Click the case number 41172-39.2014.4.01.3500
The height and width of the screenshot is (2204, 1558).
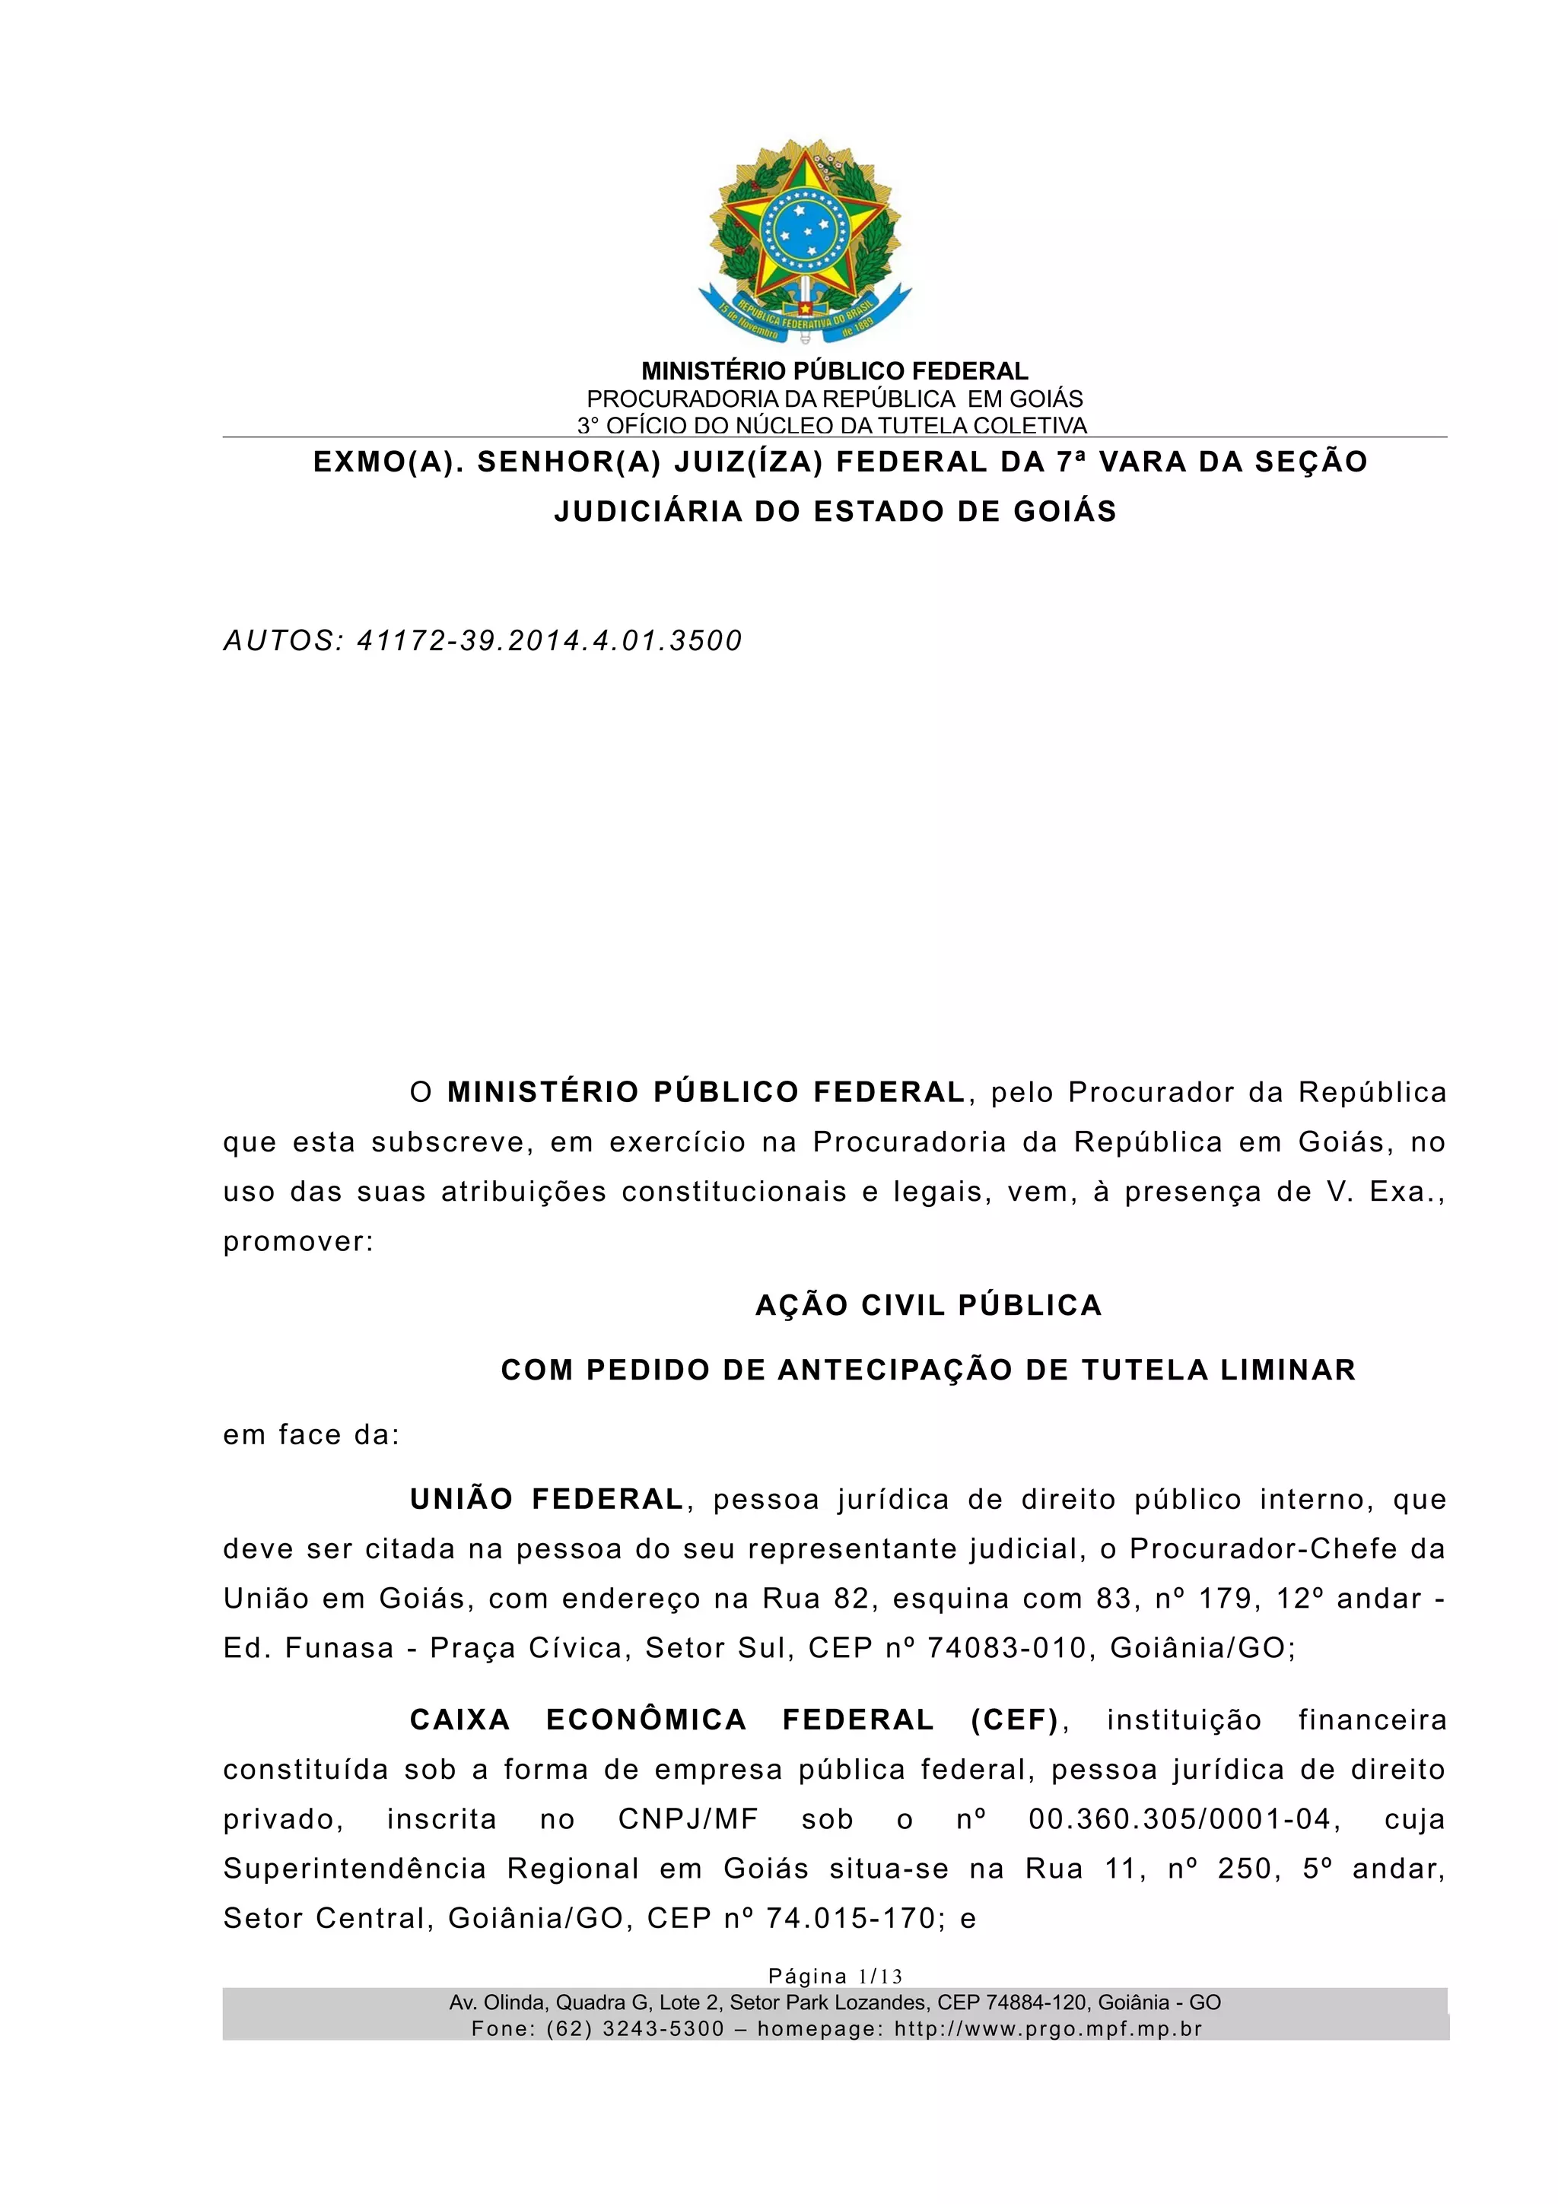[549, 641]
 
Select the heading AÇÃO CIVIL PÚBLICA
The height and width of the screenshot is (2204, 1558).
[928, 1306]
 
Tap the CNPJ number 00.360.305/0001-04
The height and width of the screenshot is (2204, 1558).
[1180, 1819]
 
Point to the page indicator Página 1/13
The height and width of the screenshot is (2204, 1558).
[835, 1976]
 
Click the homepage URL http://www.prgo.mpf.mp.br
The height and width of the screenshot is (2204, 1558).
[1048, 2028]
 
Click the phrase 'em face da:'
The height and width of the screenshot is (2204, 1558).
[311, 1435]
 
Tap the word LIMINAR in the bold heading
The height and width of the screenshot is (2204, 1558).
[1288, 1370]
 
